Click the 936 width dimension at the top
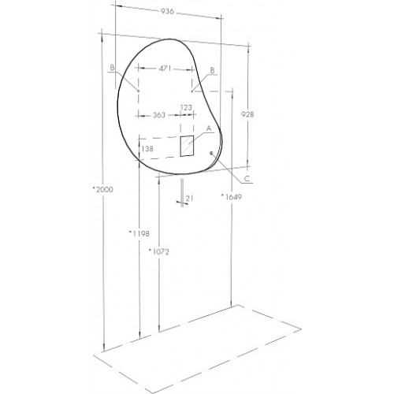(x=167, y=11)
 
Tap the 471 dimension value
(x=165, y=69)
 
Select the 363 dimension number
(x=159, y=115)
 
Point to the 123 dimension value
(x=186, y=107)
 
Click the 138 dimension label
(x=147, y=149)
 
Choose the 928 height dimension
(x=247, y=114)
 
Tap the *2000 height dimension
(x=103, y=189)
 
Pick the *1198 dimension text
(x=139, y=233)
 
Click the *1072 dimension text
(x=159, y=251)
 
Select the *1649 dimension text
(x=231, y=196)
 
